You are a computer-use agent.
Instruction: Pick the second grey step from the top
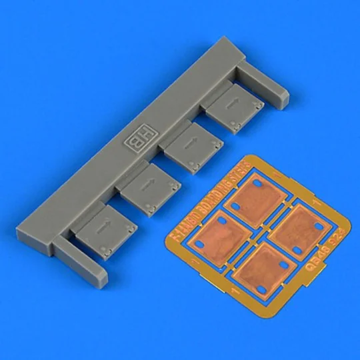(193, 145)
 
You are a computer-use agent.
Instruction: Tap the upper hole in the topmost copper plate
(257, 182)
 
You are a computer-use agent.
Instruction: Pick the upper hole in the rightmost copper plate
(311, 213)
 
